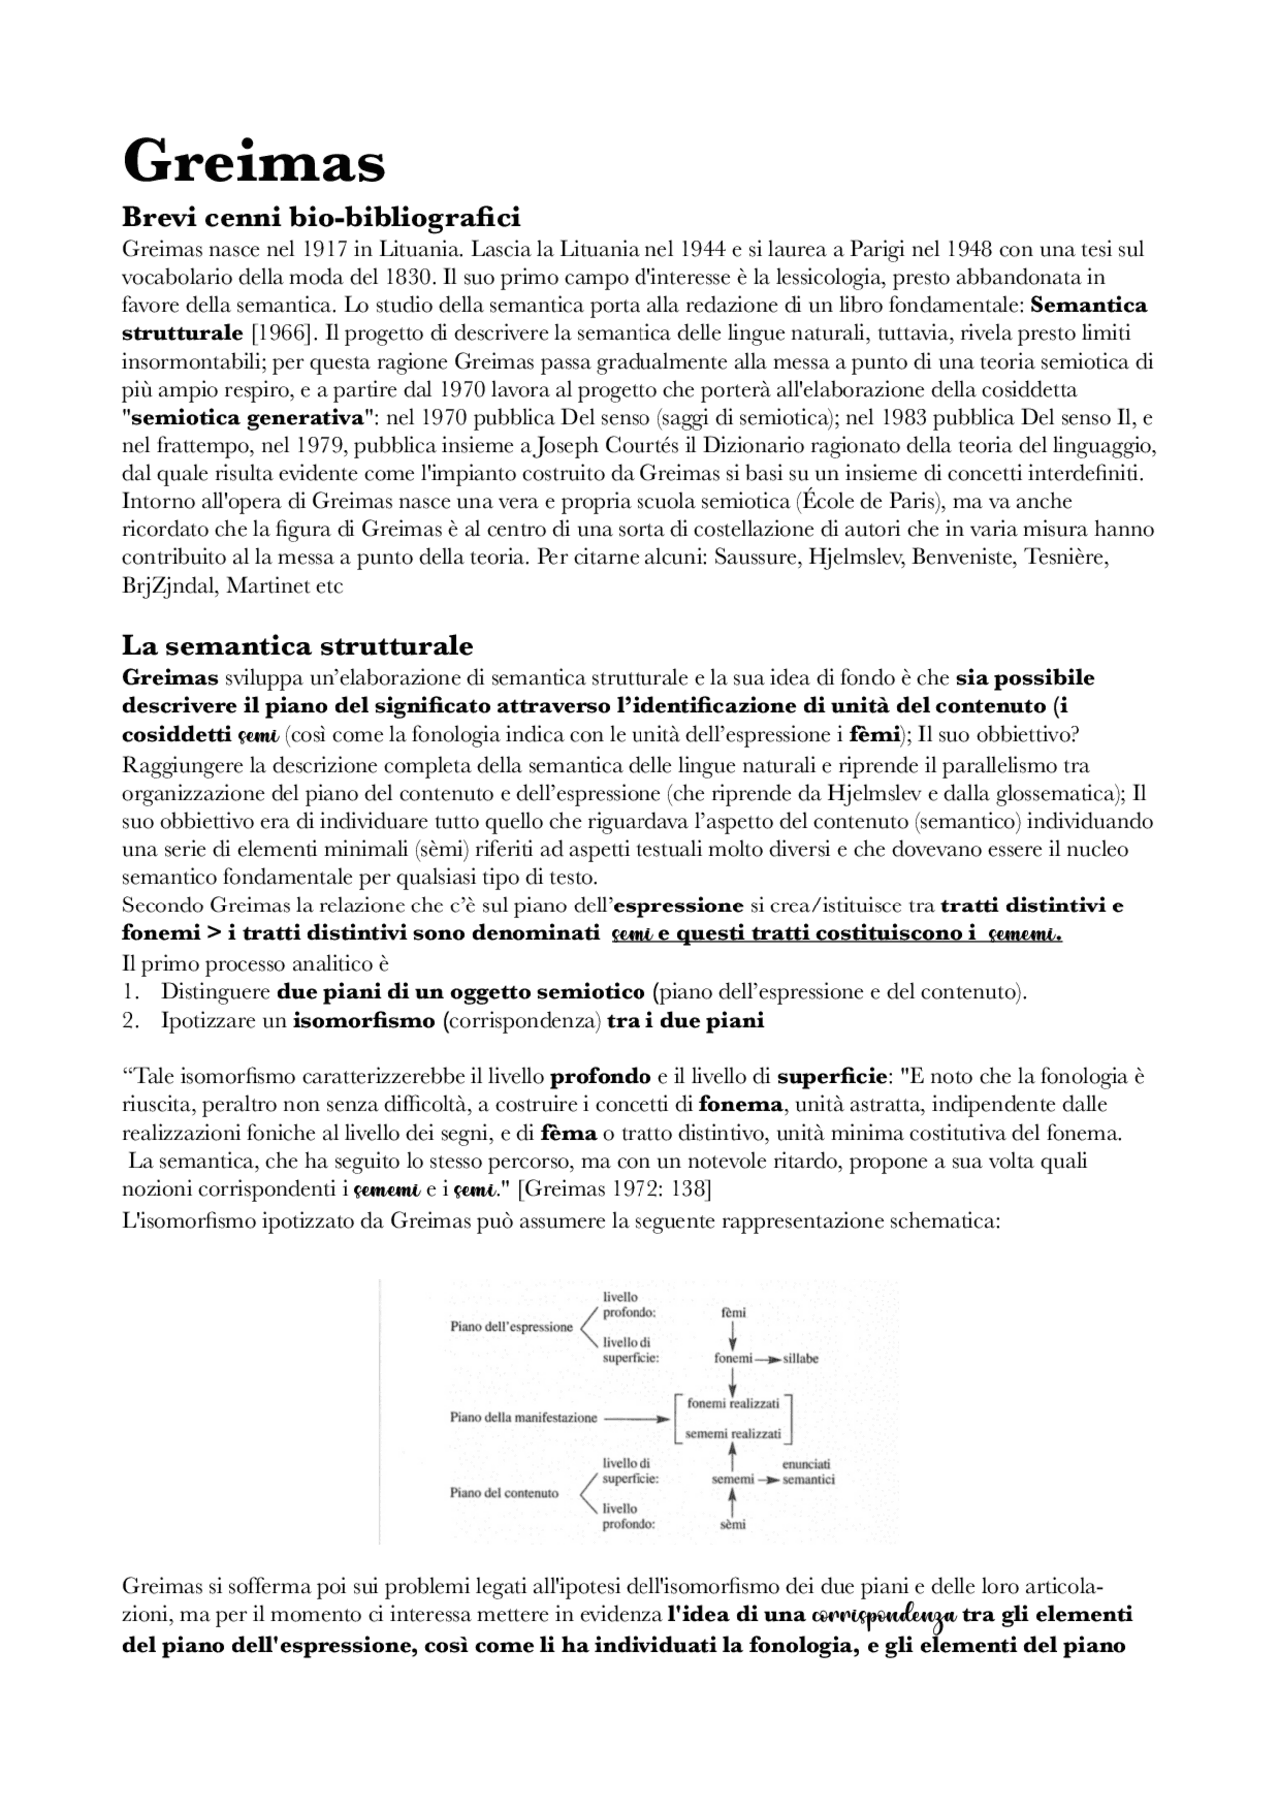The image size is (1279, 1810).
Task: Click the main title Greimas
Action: pos(253,161)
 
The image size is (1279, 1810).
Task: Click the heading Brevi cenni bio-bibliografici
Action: pos(320,216)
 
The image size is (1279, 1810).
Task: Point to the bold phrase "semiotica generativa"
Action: pos(249,417)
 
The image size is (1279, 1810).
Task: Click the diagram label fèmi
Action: pos(733,1312)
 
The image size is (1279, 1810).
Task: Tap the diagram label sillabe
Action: pos(801,1359)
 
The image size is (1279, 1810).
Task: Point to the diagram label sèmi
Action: pos(733,1525)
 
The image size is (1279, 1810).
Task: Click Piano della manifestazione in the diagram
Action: pos(523,1417)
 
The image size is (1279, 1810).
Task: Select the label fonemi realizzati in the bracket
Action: pos(733,1403)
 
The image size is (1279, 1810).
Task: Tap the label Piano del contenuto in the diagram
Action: pos(504,1493)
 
